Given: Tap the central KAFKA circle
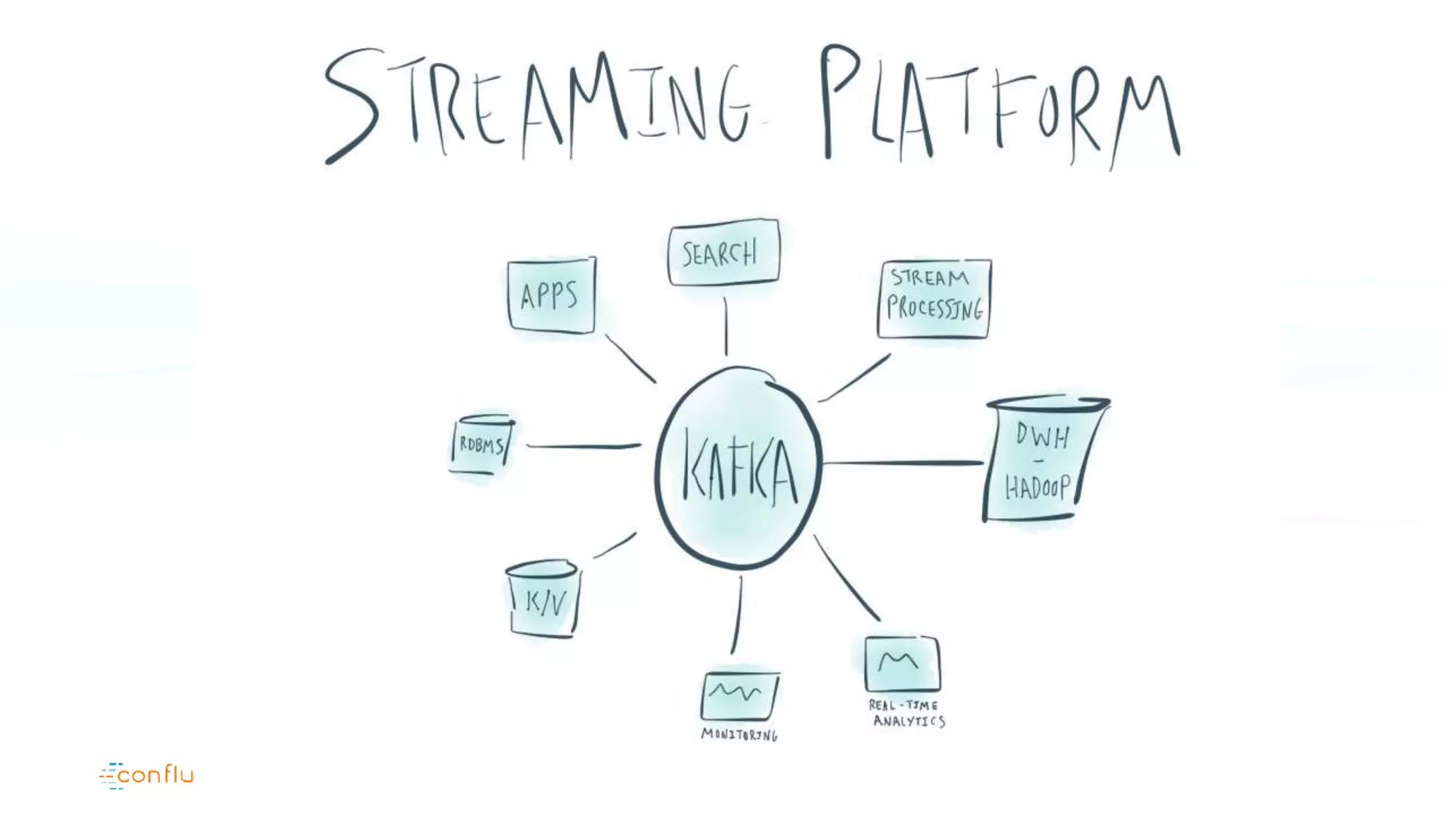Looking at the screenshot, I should coord(738,468).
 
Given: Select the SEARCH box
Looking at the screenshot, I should coord(723,252).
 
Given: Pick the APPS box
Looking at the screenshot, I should coord(551,295).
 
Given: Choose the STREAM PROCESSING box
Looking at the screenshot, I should coord(934,299).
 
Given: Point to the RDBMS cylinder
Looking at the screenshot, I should coord(482,444).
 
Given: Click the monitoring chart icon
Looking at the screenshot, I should coord(739,695).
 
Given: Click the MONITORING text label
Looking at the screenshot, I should coord(739,735).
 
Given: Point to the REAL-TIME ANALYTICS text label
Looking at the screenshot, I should coord(906,713).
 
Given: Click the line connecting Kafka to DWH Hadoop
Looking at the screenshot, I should coord(903,463).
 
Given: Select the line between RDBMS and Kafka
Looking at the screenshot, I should coord(584,446).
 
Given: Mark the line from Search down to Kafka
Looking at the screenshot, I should coord(726,326).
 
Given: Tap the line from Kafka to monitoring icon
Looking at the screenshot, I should coord(737,615).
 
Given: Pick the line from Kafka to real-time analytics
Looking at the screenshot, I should coord(846,578).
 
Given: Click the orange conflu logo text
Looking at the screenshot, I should coord(155,775).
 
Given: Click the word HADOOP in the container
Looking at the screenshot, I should coord(1037,488).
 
